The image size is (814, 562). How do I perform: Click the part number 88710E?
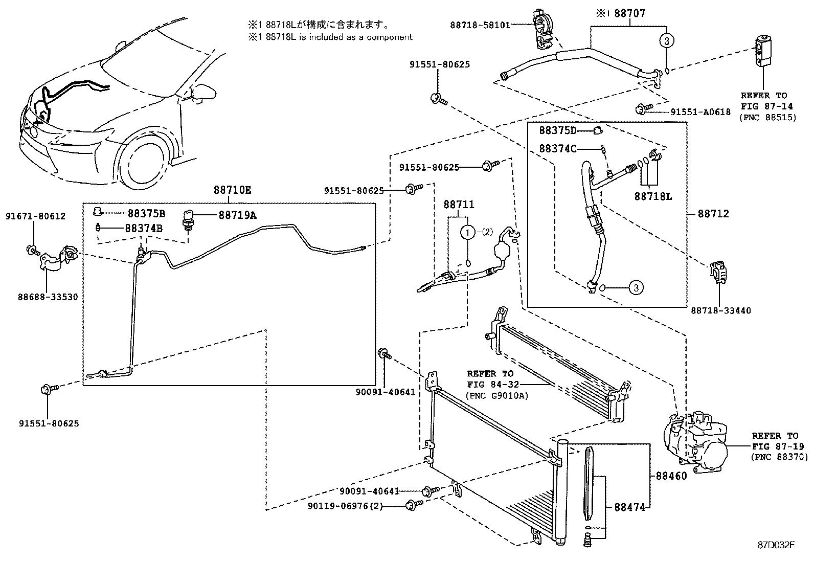(232, 190)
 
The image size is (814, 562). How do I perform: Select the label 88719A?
(237, 215)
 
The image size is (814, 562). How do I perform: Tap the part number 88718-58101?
(480, 25)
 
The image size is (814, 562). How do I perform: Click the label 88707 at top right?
(629, 14)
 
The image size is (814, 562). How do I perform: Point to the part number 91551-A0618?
(700, 112)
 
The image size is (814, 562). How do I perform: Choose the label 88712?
(713, 214)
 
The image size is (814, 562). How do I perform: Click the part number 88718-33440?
(721, 310)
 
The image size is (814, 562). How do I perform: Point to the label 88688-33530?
(48, 297)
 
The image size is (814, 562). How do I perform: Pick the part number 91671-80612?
(35, 216)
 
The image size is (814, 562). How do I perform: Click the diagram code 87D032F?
(776, 544)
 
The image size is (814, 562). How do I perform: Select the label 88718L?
(653, 196)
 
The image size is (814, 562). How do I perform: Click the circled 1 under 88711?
(467, 233)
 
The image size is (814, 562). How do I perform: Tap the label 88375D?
(558, 131)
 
